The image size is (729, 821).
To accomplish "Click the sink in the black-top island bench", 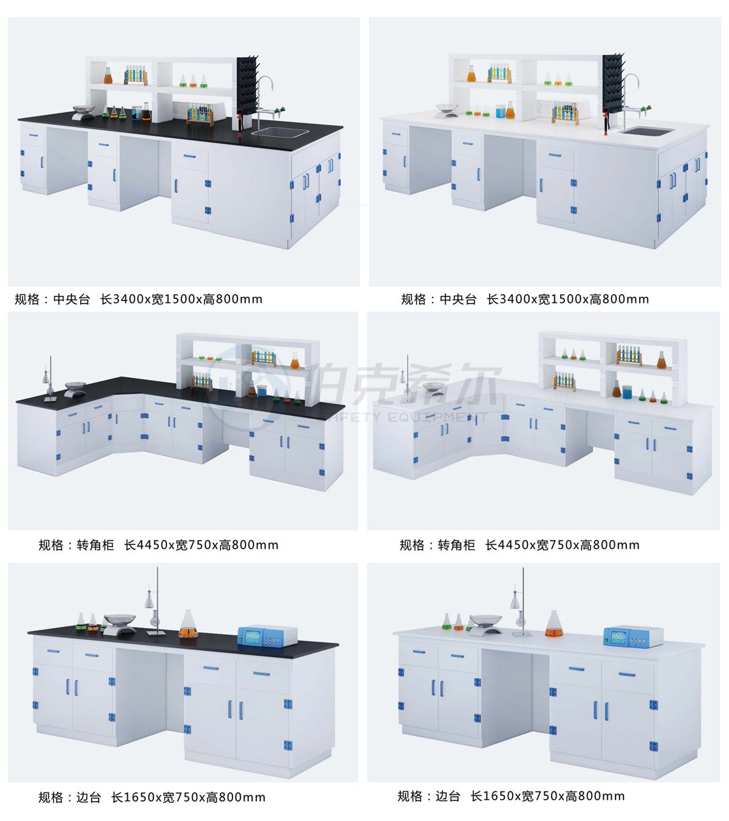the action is tap(280, 132).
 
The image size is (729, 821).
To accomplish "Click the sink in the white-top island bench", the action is tap(648, 131).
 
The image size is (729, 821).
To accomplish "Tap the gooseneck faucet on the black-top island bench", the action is tap(264, 101).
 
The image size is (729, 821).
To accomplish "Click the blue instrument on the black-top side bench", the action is tap(267, 635).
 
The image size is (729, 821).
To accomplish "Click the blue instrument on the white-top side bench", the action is tap(633, 636).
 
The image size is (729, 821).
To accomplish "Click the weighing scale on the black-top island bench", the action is tap(83, 112).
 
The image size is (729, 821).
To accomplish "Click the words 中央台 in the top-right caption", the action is tap(458, 299).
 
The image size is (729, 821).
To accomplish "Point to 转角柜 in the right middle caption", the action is tap(456, 545).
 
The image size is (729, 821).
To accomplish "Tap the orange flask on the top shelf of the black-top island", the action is tap(108, 76).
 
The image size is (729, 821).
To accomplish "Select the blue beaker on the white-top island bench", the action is tap(499, 112).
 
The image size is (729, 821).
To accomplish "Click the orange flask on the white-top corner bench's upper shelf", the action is tap(662, 360).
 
